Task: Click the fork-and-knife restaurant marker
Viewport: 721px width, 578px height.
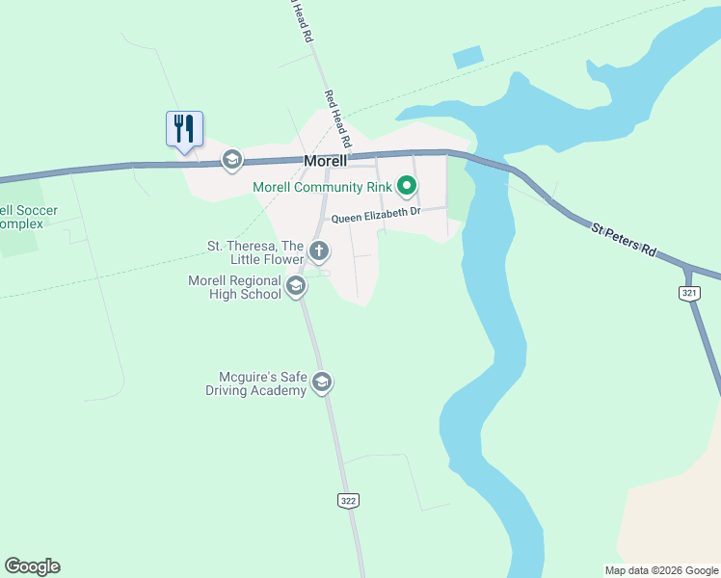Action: click(x=184, y=128)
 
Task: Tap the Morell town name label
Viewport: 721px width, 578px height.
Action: click(x=325, y=162)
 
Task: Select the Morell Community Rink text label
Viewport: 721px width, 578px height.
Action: click(x=322, y=187)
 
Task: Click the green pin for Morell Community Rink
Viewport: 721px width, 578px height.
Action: click(x=407, y=186)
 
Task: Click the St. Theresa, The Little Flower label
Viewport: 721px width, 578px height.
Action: click(x=255, y=251)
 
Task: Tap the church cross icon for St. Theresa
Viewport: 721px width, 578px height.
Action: click(x=319, y=252)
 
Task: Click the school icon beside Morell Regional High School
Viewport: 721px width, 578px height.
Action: click(x=296, y=286)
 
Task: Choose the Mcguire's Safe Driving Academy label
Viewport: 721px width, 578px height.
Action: click(x=255, y=383)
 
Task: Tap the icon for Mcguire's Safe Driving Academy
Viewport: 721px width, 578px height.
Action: click(x=322, y=383)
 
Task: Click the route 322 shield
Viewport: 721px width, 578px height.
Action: click(x=348, y=500)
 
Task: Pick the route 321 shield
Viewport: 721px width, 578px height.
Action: click(x=688, y=293)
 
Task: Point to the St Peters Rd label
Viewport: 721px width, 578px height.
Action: click(x=625, y=239)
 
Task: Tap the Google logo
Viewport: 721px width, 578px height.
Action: click(x=32, y=566)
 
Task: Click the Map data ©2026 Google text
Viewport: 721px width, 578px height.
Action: click(x=660, y=569)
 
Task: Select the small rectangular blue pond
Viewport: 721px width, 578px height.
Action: click(x=468, y=57)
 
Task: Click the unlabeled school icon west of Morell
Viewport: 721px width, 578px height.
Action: click(x=231, y=159)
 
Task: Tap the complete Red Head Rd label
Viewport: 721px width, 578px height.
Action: click(x=337, y=118)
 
